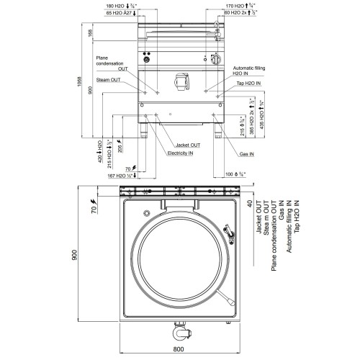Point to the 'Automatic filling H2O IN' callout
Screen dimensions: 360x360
pyautogui.click(x=243, y=70)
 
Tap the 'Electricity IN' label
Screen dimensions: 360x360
pyautogui.click(x=183, y=153)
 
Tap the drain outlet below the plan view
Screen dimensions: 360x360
pyautogui.click(x=179, y=333)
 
